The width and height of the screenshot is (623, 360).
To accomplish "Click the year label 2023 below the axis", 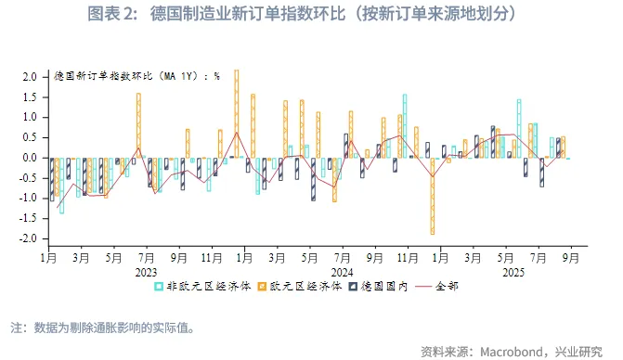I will (x=146, y=273).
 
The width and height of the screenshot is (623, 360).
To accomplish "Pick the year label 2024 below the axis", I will (x=343, y=273).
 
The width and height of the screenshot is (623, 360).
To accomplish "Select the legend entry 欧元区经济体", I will (x=302, y=287).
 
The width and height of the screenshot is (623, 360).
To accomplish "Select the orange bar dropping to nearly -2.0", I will (x=432, y=196).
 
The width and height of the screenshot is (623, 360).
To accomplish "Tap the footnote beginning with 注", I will (x=102, y=328).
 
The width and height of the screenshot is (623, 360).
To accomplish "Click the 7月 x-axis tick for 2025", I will (x=539, y=260).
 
